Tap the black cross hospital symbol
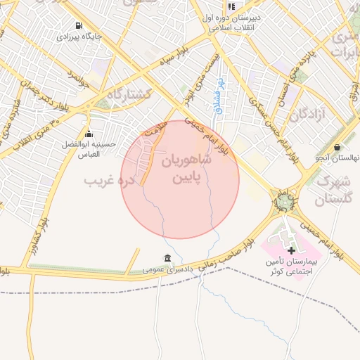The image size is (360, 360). click(292, 250)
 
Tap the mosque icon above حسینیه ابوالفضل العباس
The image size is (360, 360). click(89, 134)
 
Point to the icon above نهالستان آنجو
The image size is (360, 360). click(337, 147)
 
